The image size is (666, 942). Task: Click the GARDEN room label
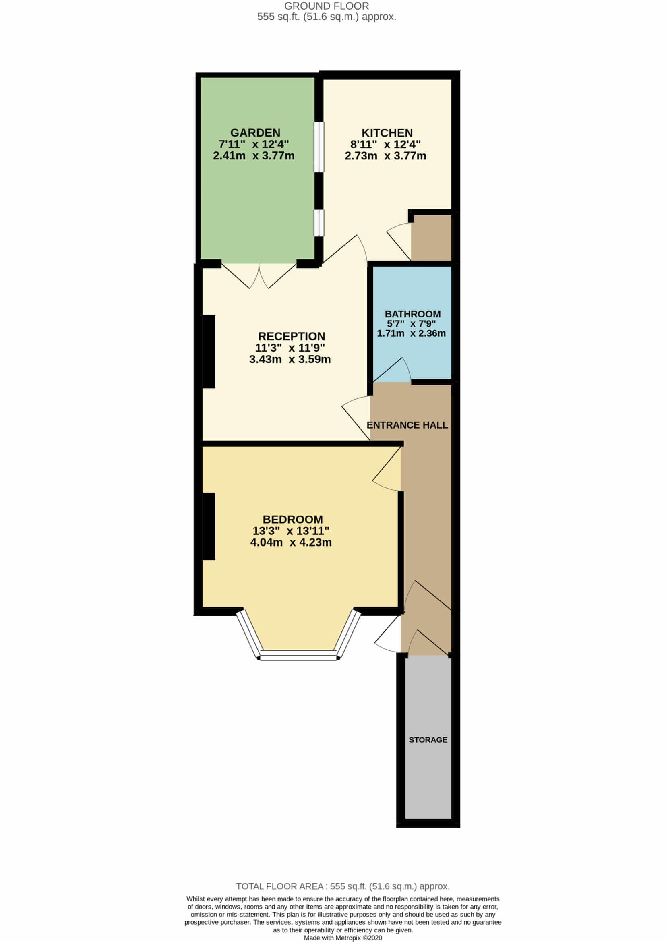pos(255,133)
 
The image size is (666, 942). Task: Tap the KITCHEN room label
pos(387,133)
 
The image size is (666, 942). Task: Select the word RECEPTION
pos(291,336)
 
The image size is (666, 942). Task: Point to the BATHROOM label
pos(413,314)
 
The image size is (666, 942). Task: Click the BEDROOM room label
pos(292,520)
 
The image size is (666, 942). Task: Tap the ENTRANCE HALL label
pos(407,425)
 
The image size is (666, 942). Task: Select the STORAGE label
pos(428,740)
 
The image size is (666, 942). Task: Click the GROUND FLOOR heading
pos(327,6)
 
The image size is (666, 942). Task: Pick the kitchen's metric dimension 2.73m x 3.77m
pos(385,156)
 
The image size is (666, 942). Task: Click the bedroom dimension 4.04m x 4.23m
pos(291,542)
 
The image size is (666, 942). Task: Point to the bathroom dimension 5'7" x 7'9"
pos(412,324)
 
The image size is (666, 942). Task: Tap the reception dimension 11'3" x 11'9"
pos(290,348)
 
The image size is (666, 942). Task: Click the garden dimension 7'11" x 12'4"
pos(253,145)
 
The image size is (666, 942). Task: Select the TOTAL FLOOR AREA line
pos(343,886)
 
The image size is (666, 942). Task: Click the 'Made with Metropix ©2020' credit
pos(343,938)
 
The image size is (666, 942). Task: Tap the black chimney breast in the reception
pos(209,351)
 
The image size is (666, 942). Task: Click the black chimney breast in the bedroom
pos(209,526)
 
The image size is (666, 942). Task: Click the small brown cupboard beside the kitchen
pos(431,237)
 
